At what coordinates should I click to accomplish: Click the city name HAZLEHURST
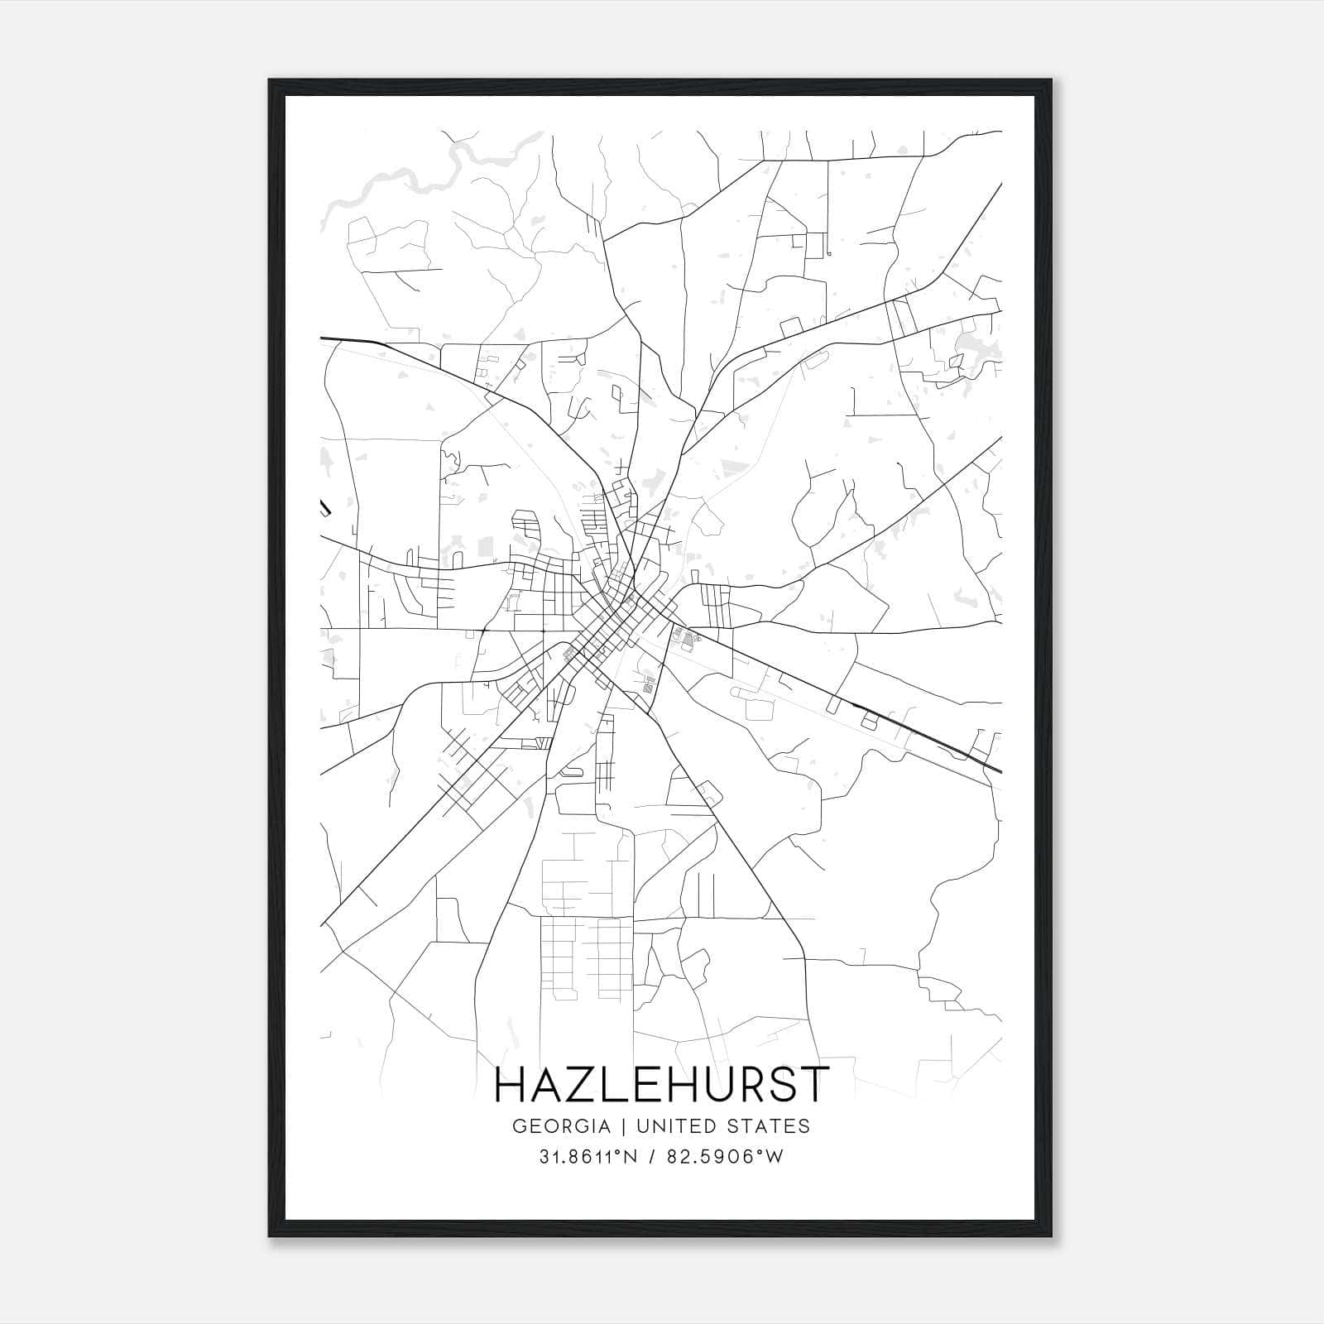tap(661, 1085)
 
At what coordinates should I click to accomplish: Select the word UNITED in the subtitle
tap(677, 1126)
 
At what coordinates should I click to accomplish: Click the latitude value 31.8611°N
tap(588, 1157)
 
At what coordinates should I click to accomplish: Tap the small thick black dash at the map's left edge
tap(325, 506)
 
